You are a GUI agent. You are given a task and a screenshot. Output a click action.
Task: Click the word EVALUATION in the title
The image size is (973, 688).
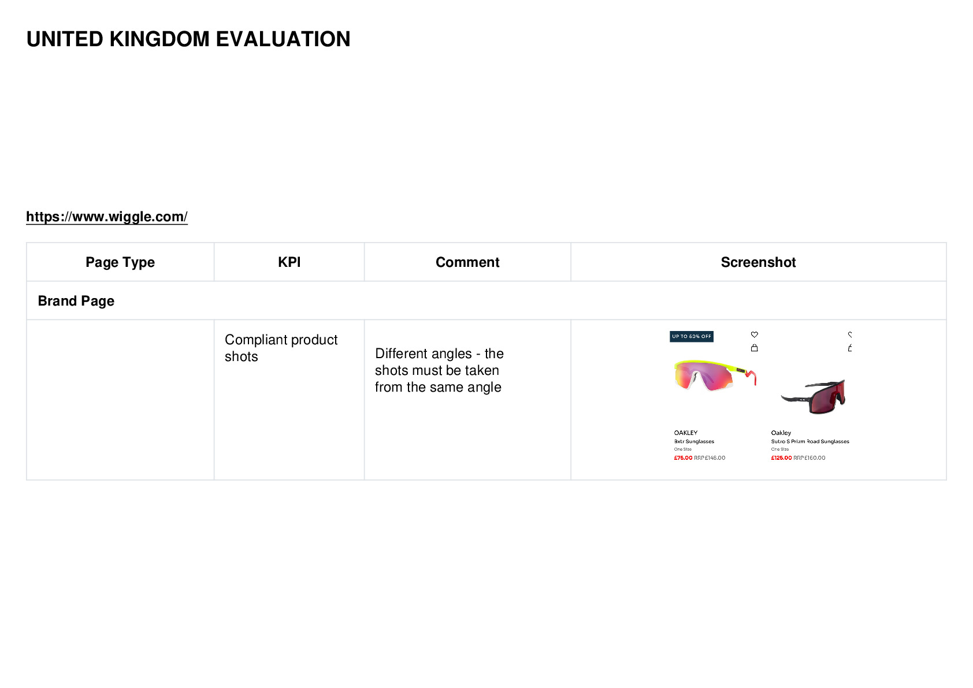283,39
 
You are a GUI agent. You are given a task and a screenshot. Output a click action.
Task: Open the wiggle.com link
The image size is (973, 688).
107,216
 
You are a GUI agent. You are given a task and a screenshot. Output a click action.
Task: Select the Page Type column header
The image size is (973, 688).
120,262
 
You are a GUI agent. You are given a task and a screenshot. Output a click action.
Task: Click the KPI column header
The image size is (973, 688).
289,262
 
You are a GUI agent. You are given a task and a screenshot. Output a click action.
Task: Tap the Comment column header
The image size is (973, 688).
467,262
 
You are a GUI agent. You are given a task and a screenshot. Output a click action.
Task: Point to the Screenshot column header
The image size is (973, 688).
759,262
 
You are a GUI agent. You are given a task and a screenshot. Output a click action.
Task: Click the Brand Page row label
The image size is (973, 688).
76,300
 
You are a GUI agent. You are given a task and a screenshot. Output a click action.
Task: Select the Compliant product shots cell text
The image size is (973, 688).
281,348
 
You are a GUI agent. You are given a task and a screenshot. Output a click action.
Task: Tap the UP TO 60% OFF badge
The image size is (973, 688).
692,336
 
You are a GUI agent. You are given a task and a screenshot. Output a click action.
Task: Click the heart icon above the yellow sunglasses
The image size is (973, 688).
755,334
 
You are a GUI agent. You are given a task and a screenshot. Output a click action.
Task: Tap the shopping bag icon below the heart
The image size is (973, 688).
755,348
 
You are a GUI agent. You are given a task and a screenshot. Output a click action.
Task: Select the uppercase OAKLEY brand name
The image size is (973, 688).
686,433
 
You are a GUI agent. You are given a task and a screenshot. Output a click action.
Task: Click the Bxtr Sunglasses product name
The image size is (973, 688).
694,441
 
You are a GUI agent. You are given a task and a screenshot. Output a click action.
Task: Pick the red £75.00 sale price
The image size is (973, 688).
684,458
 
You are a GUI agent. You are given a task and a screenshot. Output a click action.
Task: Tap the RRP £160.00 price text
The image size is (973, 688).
809,458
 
